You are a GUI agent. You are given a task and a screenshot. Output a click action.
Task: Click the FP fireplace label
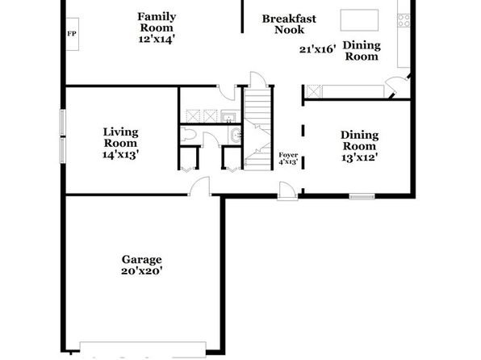72,34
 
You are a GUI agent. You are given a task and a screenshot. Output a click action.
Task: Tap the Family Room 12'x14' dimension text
157,40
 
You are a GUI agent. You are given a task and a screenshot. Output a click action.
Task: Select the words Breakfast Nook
289,24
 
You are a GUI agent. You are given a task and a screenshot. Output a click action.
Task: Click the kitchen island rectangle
359,20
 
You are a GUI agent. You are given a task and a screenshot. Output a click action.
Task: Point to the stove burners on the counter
404,20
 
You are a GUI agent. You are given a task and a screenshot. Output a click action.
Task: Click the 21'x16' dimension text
318,49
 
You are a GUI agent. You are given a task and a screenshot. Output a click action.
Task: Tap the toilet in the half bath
188,136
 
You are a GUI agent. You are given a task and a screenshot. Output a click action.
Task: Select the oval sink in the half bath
236,136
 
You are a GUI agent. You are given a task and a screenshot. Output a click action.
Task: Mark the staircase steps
258,129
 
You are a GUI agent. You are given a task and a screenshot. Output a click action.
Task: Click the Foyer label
288,155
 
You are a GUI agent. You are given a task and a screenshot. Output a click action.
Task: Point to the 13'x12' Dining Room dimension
359,157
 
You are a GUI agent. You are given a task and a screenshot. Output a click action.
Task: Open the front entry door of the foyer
288,191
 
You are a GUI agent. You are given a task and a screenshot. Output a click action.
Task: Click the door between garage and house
199,186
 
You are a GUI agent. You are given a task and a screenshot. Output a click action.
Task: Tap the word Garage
141,260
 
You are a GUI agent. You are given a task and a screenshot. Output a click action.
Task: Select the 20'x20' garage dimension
141,271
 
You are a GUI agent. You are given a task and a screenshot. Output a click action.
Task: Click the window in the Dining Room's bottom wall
362,196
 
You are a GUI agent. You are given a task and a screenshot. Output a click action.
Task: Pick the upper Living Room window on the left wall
63,123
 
